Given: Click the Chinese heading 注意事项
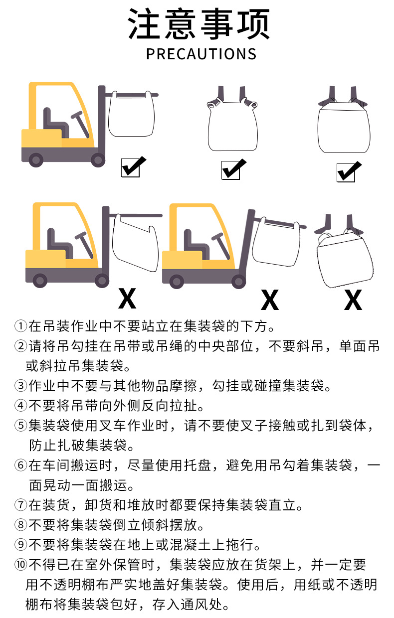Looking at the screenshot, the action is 199,24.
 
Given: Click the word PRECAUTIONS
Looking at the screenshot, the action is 201,54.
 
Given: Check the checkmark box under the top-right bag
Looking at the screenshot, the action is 349,171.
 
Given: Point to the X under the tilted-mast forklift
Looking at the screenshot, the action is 270,300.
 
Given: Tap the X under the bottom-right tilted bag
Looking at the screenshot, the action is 353,300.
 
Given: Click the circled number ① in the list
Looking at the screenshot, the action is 21,326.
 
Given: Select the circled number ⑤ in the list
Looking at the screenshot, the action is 21,426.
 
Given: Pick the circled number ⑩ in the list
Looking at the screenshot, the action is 21,565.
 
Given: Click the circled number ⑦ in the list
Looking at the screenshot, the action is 21,505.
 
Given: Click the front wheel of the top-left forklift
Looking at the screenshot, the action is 98,160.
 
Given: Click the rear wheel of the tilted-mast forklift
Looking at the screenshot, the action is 177,282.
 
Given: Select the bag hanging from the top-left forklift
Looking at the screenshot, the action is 131,114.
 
